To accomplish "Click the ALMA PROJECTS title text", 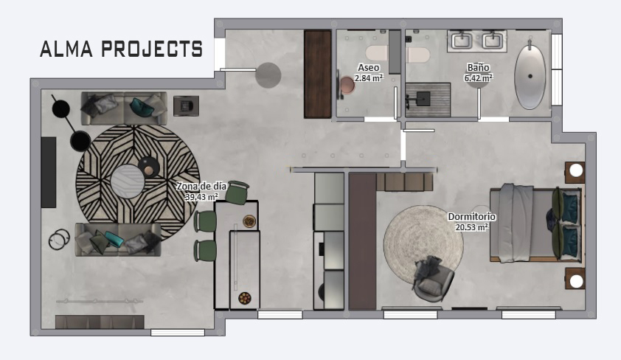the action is [121, 49].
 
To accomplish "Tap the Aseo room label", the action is [368, 68].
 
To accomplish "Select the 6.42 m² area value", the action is [479, 78].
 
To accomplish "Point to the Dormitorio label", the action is [472, 217].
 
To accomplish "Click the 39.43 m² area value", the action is [201, 196].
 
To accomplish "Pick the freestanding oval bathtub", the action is [530, 77].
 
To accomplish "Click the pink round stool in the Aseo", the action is [347, 85].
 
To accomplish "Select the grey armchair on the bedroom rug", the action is [432, 278].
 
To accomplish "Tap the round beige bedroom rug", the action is [423, 244].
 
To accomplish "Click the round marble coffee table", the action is [128, 181].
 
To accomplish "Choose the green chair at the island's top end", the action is [237, 192].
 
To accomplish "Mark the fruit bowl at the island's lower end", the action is [245, 298].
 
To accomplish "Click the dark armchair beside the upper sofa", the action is [186, 105].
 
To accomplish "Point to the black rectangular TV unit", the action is [49, 173].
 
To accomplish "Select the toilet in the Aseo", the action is [377, 53].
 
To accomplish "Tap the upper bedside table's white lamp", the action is [576, 170].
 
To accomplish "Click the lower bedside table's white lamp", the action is [576, 281].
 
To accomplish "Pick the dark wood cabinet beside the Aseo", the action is [318, 74].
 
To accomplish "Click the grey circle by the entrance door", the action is [268, 75].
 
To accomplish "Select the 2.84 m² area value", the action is [369, 78].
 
